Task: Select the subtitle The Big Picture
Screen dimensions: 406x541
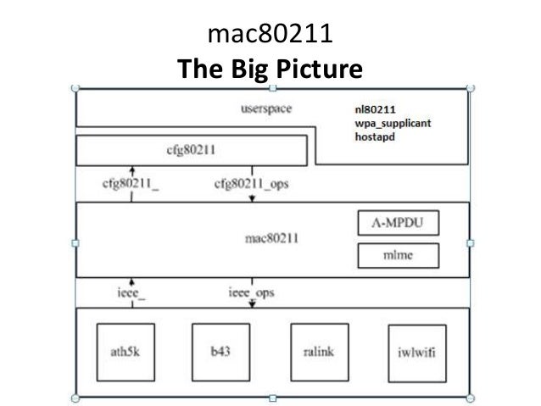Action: [x=270, y=68]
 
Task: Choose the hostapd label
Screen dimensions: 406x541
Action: [x=375, y=136]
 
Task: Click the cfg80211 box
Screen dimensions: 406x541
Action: [x=191, y=152]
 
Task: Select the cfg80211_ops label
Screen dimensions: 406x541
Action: [x=252, y=186]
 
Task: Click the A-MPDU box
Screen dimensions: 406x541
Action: [x=399, y=225]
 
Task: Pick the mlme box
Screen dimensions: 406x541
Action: [x=399, y=254]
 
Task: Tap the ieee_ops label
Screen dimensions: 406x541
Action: [x=251, y=293]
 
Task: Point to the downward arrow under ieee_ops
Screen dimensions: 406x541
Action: [x=251, y=304]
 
